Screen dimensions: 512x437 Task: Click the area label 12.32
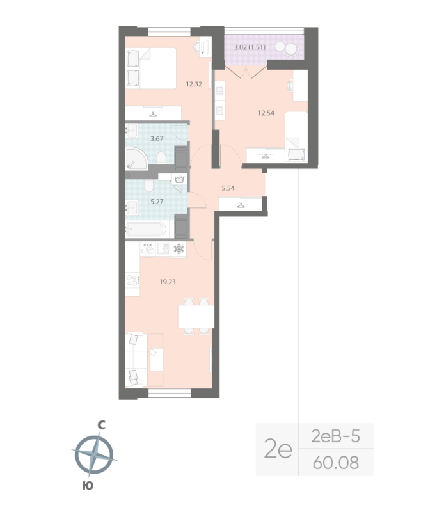[x=195, y=83]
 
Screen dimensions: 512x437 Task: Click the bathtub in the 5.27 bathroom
[x=147, y=228]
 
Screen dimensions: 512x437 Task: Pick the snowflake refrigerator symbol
[x=179, y=250]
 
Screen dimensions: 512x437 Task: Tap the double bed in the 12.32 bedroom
[x=151, y=68]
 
